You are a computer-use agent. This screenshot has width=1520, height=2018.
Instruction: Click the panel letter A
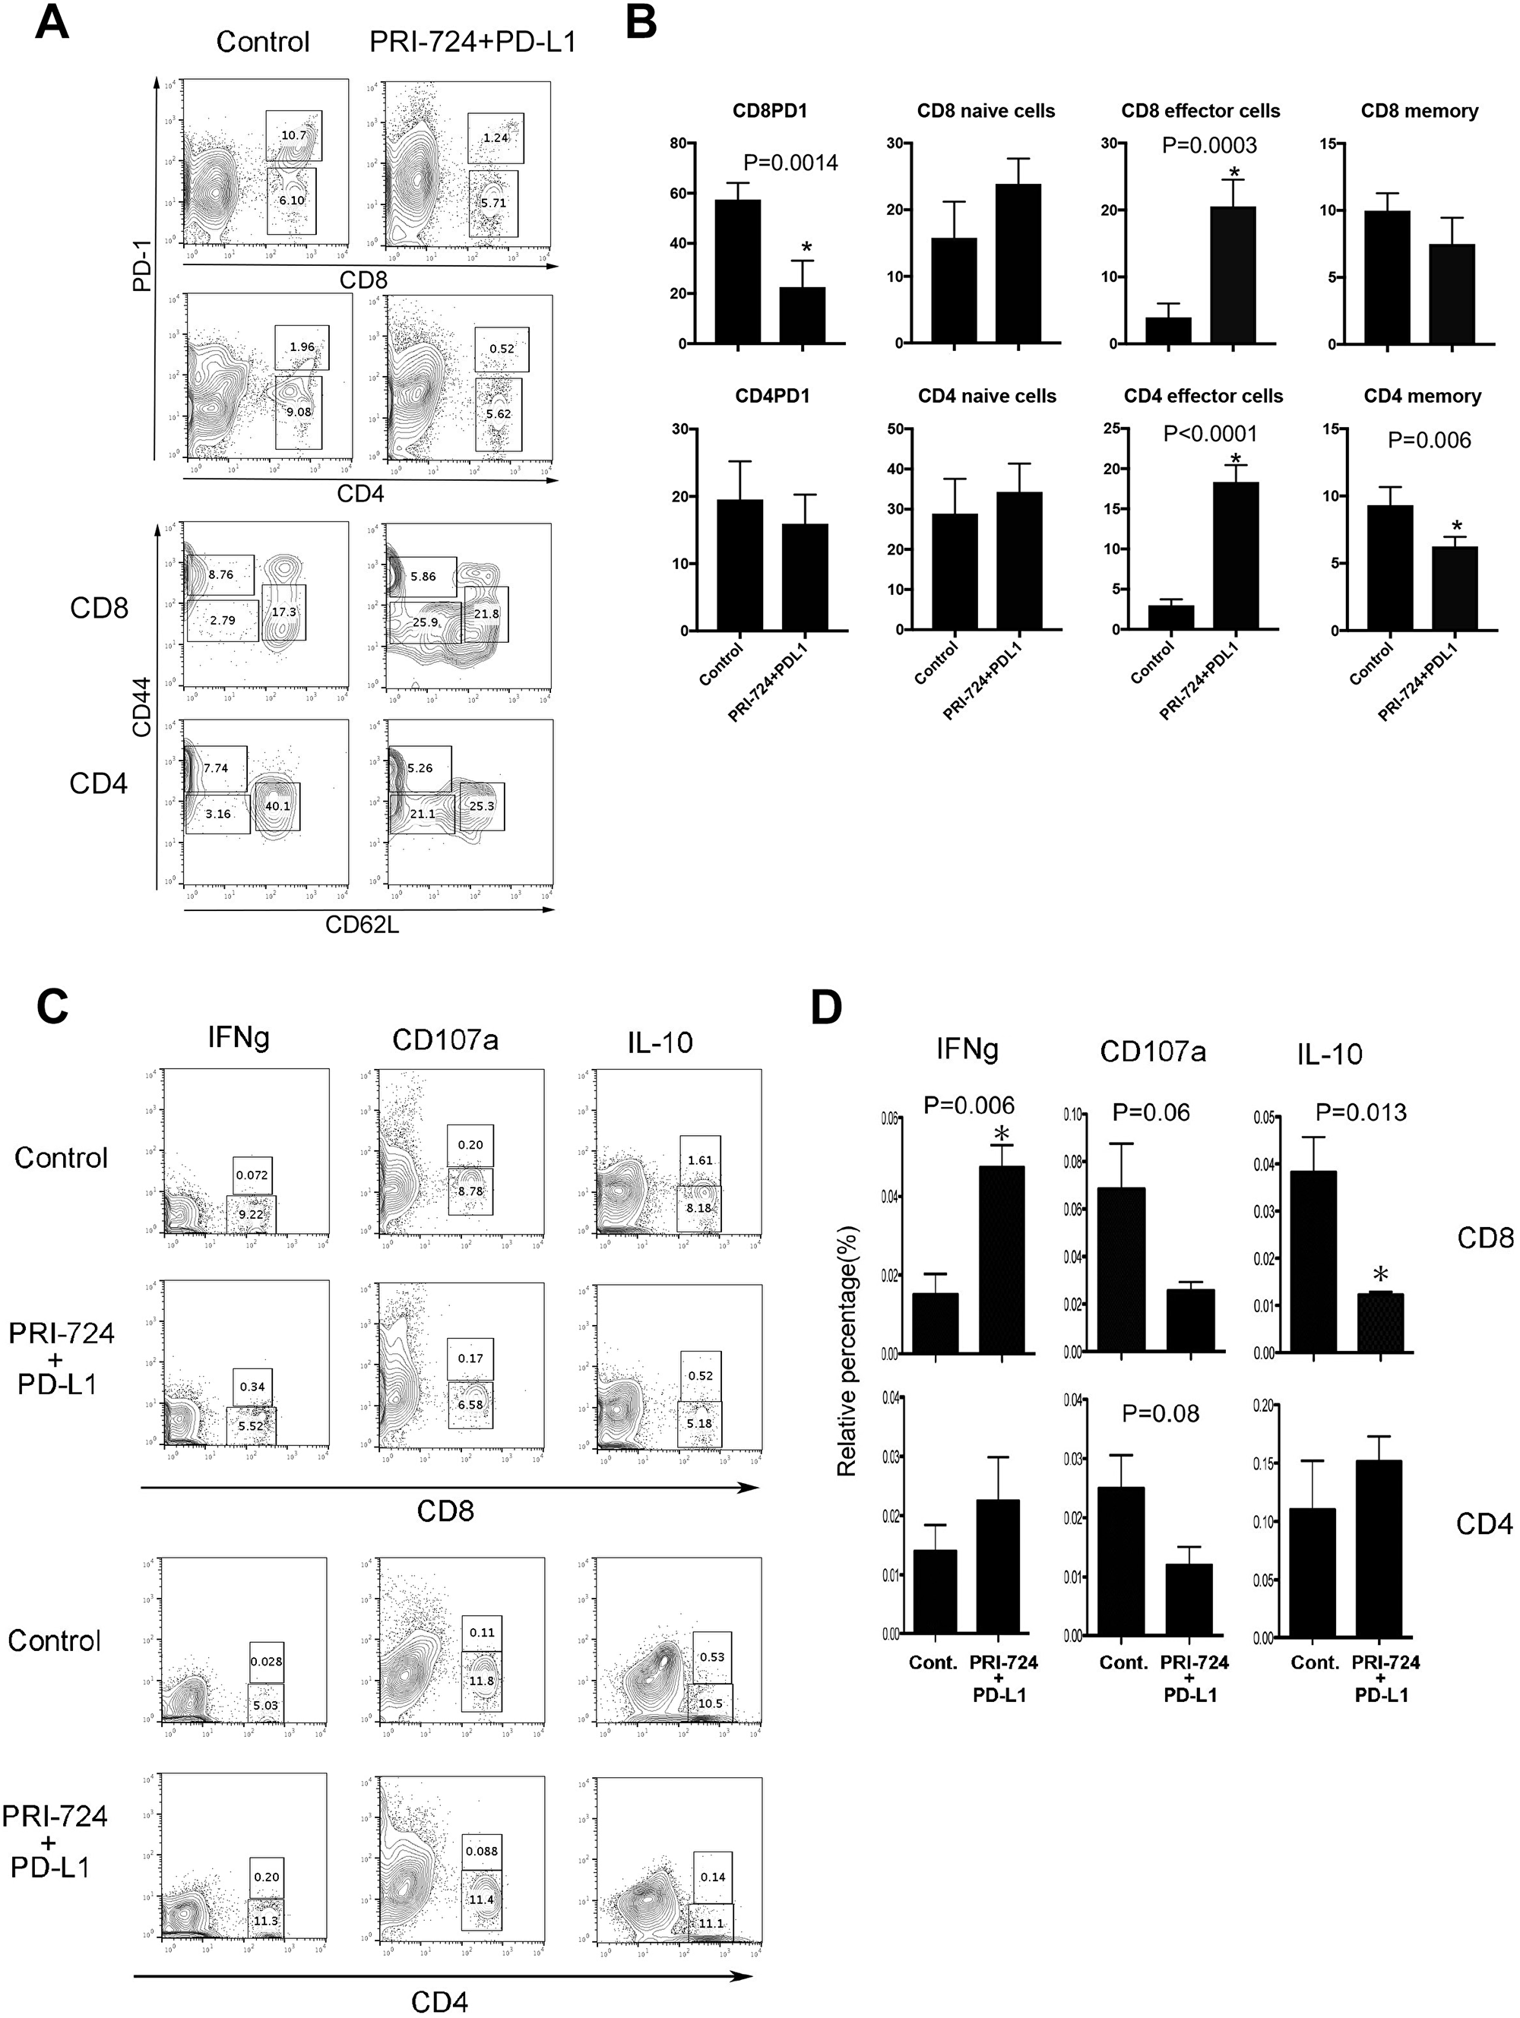coord(52,24)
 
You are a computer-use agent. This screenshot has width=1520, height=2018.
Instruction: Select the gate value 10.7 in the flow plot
coord(294,135)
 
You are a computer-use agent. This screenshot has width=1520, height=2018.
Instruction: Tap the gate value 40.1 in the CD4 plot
coord(277,805)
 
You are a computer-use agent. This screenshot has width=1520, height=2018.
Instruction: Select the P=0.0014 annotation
coord(790,163)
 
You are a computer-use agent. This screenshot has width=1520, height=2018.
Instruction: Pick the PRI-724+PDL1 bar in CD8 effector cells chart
coord(1233,274)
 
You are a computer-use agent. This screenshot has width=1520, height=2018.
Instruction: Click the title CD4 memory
coord(1421,396)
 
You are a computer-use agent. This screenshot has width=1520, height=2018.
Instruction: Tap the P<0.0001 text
coord(1210,435)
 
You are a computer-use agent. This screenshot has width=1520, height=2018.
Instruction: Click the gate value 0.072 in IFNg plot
coord(252,1175)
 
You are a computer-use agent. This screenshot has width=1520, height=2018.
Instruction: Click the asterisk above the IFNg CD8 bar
coord(1002,1134)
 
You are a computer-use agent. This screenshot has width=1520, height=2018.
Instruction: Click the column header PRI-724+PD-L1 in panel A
coord(473,42)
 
